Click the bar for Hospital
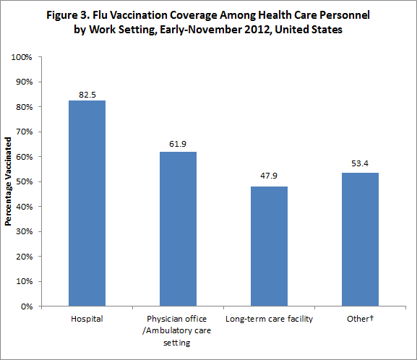point(87,203)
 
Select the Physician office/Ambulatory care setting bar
point(178,228)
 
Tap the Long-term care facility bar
point(269,246)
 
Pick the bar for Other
point(360,239)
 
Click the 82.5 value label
point(87,93)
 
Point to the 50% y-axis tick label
point(25,181)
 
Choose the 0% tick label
point(27,307)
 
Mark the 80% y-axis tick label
point(25,107)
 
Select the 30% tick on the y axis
point(25,231)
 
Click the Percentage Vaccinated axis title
point(8,181)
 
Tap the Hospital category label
point(87,319)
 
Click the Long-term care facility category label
point(269,319)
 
